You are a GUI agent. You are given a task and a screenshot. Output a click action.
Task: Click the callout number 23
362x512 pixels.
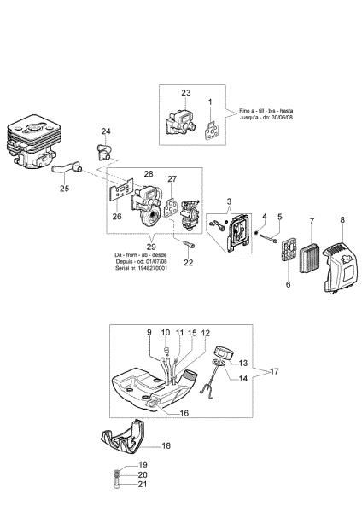click(185, 93)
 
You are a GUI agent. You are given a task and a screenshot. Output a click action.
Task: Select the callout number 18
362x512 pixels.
click(166, 445)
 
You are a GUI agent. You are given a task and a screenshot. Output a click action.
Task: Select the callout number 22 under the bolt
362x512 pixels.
click(189, 263)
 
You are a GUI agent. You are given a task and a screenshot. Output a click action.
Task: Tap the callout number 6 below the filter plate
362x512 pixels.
click(288, 283)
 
